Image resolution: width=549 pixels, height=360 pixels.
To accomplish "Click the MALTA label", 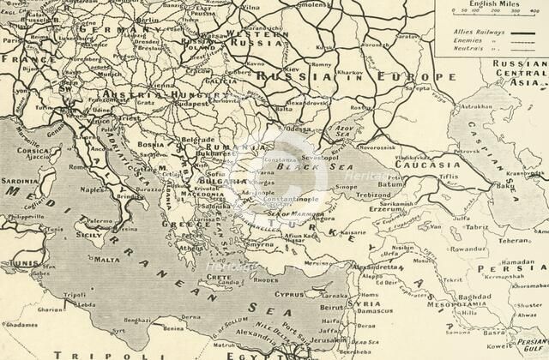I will click(107, 258).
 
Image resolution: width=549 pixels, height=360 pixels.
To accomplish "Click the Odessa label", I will click(299, 128).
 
